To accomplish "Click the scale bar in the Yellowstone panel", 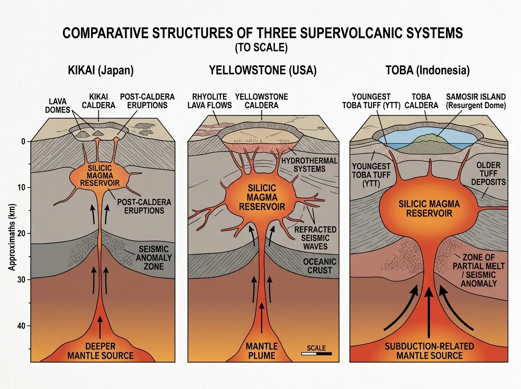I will pyautogui.click(x=316, y=354).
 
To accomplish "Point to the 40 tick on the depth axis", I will pyautogui.click(x=23, y=326).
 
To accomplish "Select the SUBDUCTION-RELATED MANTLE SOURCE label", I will pyautogui.click(x=429, y=351).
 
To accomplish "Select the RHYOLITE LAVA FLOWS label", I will pyautogui.click(x=207, y=101).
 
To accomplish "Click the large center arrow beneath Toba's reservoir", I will pyautogui.click(x=429, y=313).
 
